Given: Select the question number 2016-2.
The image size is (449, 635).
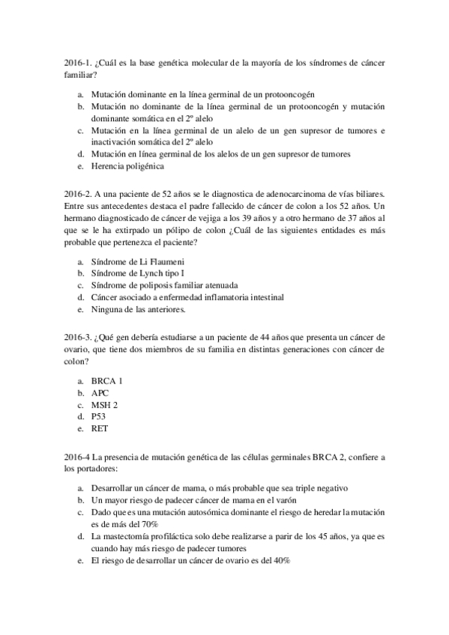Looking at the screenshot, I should [79, 193].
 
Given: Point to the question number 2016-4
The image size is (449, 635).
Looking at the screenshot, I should [78, 455].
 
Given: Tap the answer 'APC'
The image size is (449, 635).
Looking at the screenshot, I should [101, 392].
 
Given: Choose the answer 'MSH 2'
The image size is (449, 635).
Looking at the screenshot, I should [106, 404].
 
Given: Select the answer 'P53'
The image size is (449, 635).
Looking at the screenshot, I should [100, 416].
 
